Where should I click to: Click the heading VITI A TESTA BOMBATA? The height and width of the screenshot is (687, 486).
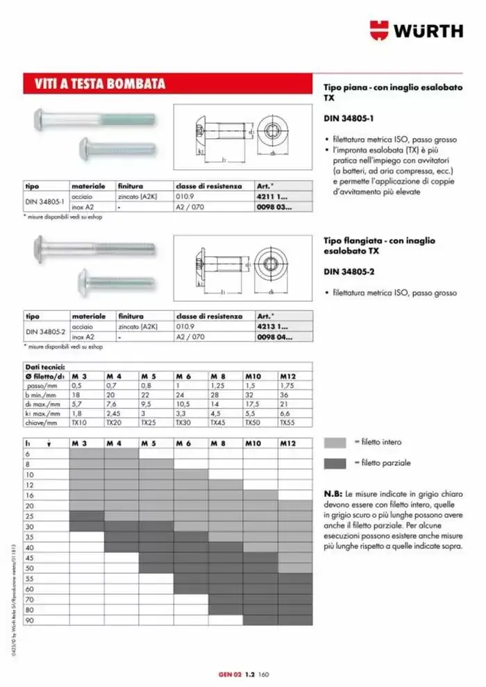[100, 85]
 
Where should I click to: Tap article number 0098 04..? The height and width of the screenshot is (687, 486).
[274, 337]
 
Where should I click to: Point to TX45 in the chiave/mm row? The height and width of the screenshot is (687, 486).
[219, 422]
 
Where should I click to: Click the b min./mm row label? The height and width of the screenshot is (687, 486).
[44, 393]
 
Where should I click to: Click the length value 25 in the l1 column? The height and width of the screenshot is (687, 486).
[28, 516]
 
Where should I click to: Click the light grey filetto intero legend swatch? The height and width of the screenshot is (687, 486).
[335, 442]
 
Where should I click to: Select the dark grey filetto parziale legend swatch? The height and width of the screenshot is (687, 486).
[335, 463]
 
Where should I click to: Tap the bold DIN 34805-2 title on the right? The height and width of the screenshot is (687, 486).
[347, 271]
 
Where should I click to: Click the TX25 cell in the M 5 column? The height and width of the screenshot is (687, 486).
[148, 422]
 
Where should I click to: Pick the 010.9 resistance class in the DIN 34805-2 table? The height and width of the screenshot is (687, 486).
[186, 325]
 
